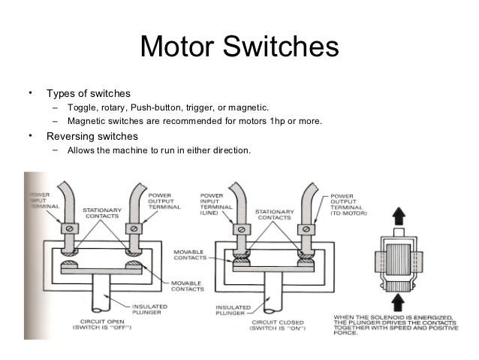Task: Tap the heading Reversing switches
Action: click(x=92, y=137)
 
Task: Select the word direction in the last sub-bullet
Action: click(x=227, y=150)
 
